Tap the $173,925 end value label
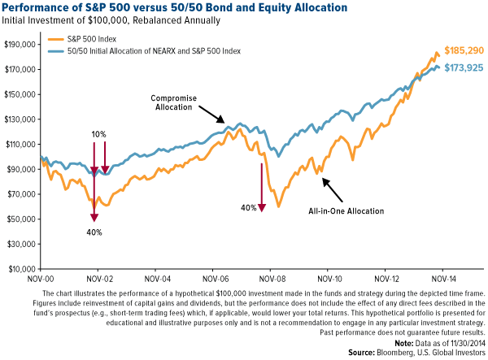tap(463, 67)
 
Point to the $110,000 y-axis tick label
tap(21, 145)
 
